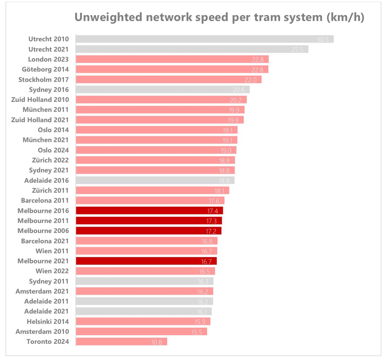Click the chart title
pos(219,18)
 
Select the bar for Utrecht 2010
pos(204,39)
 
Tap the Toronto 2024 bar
pos(121,341)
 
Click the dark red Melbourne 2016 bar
pos(149,211)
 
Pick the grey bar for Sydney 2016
pos(162,89)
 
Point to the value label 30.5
pos(323,40)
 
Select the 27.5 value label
pos(297,50)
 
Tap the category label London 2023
pos(49,59)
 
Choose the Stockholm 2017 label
pos(43,80)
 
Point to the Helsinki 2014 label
pos(48,321)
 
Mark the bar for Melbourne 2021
pos(146,261)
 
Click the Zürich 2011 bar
pos(152,190)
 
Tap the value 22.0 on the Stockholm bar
pos(250,80)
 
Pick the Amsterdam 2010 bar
pos(141,331)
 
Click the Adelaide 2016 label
pos(46,180)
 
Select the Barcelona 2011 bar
pos(150,200)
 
